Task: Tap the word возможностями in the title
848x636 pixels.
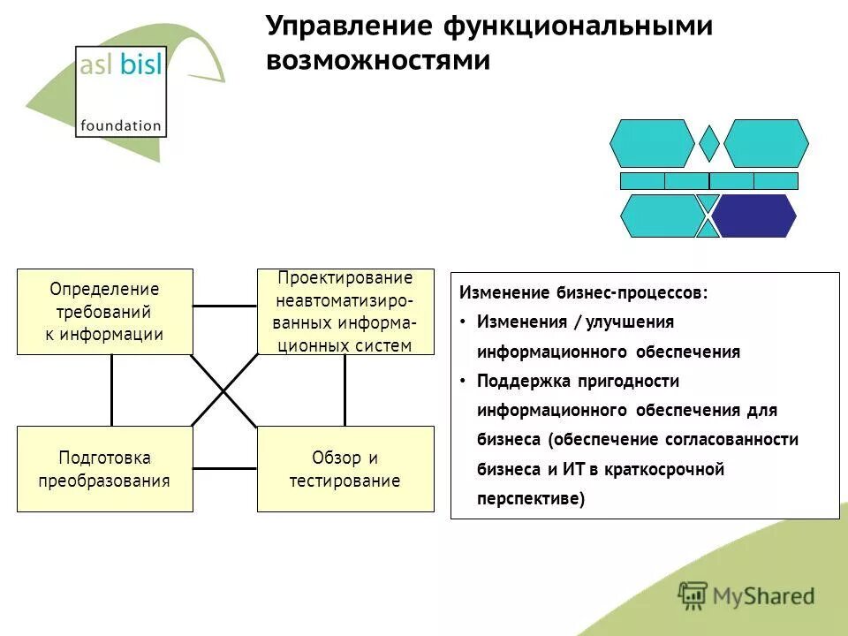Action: (378, 61)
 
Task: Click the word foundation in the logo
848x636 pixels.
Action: (121, 125)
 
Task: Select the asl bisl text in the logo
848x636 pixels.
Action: (121, 67)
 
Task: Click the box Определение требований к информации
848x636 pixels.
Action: (104, 312)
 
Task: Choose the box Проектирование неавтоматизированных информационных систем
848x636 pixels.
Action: (345, 312)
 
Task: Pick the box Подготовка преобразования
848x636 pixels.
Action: (104, 469)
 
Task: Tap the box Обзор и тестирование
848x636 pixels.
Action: (345, 469)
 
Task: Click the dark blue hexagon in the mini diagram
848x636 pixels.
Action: (755, 216)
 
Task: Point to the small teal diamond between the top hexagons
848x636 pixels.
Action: (708, 143)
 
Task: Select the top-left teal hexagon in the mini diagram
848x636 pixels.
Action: (652, 143)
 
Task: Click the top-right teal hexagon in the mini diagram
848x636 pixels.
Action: (766, 143)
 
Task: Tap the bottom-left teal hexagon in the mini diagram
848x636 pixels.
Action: (660, 216)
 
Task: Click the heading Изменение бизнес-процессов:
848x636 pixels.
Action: (584, 292)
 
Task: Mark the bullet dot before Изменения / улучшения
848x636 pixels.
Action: (464, 322)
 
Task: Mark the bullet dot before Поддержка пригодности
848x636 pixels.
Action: (464, 382)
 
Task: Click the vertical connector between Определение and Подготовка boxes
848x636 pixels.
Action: (112, 390)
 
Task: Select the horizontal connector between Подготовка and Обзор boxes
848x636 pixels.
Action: (224, 468)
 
